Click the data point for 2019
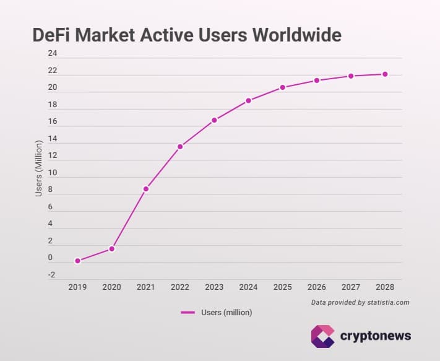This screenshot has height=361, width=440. [77, 261]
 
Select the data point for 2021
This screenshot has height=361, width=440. [146, 188]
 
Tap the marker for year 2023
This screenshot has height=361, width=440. [214, 120]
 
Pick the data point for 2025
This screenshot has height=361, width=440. [282, 87]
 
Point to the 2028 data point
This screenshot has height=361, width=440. [385, 74]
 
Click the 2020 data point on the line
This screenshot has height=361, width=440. [112, 248]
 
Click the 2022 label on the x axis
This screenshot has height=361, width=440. [180, 287]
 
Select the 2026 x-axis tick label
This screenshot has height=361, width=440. [316, 287]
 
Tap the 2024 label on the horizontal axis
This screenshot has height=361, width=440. [248, 287]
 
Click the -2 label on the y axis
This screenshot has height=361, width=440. [51, 275]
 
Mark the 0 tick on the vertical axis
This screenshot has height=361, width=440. [51, 258]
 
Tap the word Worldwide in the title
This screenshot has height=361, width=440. [296, 35]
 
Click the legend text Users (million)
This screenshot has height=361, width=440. [226, 313]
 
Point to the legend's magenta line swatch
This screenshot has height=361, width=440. [188, 313]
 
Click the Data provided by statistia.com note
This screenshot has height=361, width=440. [360, 302]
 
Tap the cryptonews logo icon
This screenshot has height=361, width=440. [322, 336]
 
